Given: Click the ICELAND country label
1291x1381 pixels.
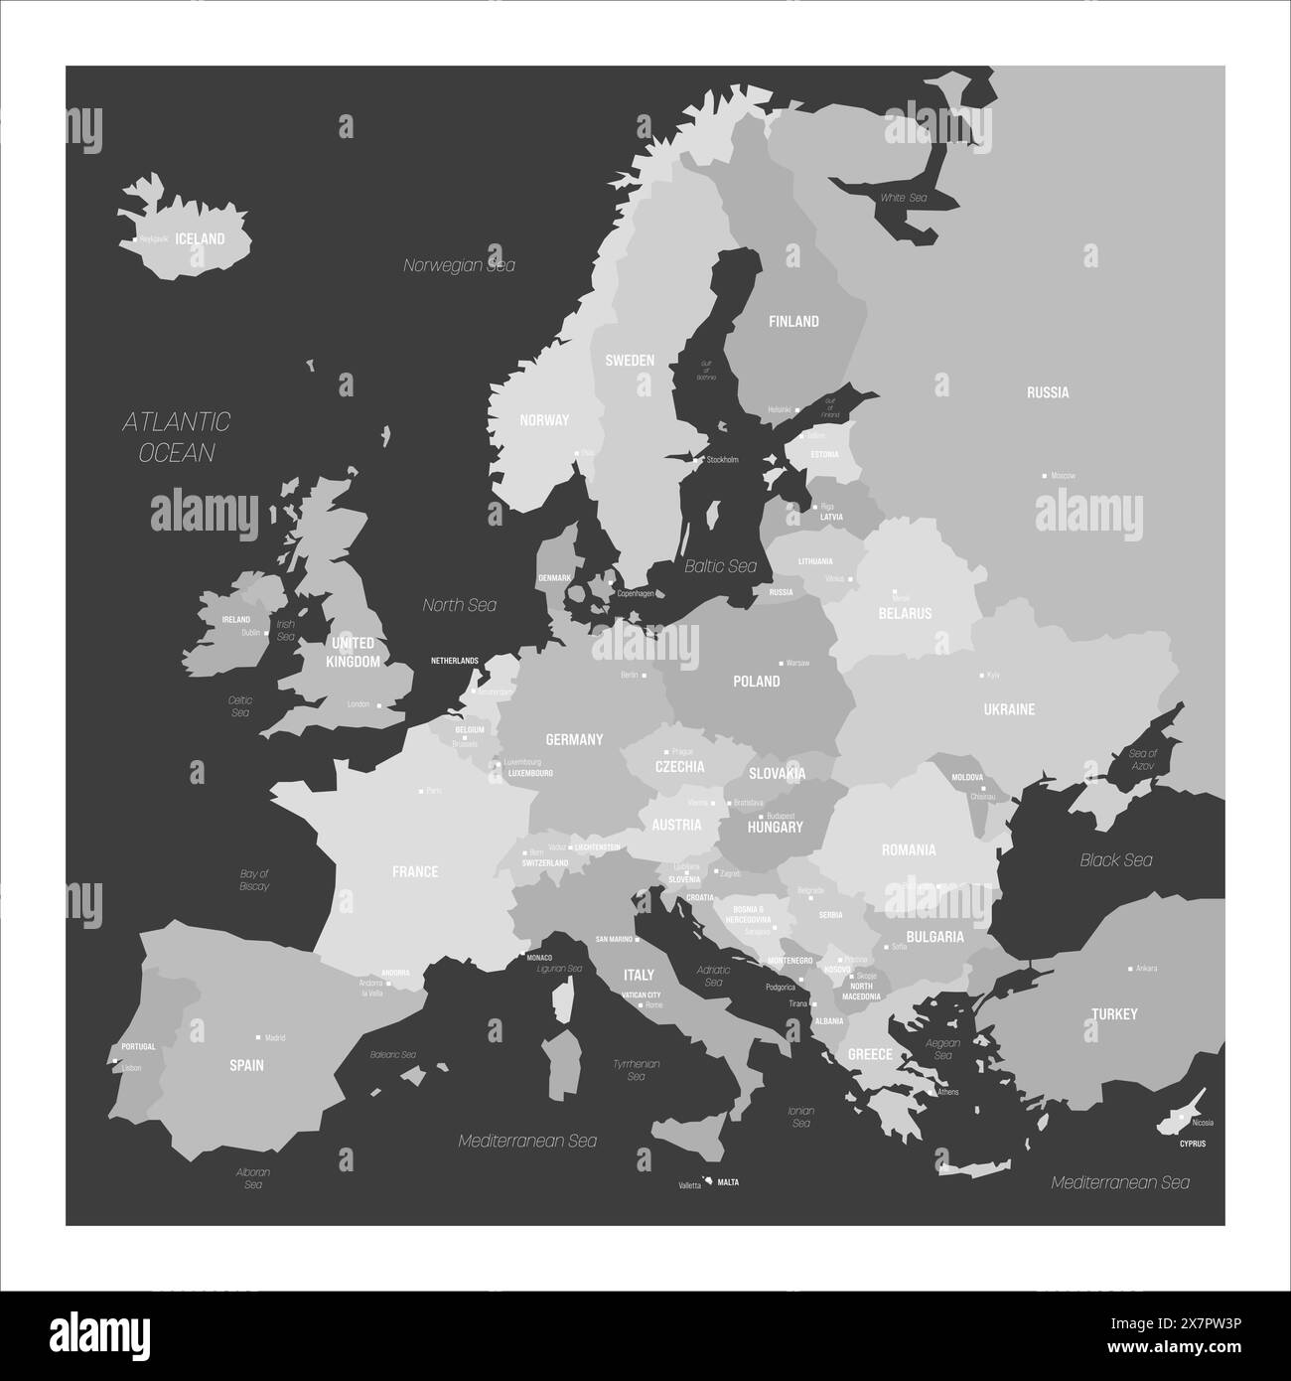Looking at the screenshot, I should pos(200,238).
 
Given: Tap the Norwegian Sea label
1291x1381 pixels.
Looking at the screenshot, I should pos(459,265).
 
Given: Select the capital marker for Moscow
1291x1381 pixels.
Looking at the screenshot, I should pos(1043,476).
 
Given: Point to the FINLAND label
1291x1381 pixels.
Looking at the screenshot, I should pos(794,321).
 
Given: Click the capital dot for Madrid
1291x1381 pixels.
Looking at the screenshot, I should pos(258,1037).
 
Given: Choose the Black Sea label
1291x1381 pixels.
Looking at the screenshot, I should pos(1116,860).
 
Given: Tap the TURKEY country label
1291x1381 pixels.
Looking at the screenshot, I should pos(1114,1014).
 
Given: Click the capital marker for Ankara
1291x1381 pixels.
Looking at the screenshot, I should pos(1130,969).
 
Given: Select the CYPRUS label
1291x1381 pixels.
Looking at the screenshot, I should pos(1193,1144).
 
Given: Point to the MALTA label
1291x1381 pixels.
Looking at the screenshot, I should pos(728,1183).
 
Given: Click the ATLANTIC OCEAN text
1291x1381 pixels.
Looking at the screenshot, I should pos(177,437).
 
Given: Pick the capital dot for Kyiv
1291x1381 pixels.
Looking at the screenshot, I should pos(982,675).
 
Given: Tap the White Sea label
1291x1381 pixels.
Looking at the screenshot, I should pos(903,198).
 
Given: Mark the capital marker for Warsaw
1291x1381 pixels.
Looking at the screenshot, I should pos(780,663).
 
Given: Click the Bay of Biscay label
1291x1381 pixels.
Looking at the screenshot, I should pos(254,879).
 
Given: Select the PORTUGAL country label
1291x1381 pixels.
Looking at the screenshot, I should pos(138,1046).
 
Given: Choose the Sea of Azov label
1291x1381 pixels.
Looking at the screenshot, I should pos(1143,760).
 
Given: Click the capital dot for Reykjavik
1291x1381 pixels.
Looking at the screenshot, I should pos(135,239).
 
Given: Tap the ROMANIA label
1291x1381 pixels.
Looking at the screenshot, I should pos(909,849).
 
